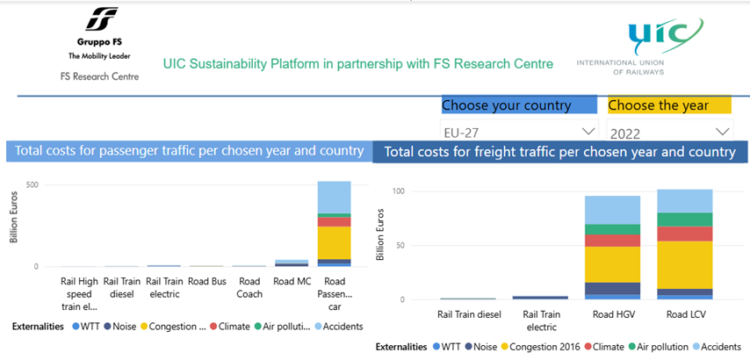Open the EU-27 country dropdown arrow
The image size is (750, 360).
pyautogui.click(x=587, y=132)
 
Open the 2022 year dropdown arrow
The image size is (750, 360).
pyautogui.click(x=723, y=132)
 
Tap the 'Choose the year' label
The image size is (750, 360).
pyautogui.click(x=658, y=105)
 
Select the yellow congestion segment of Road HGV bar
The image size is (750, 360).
pyautogui.click(x=611, y=263)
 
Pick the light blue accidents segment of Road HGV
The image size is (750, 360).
pyautogui.click(x=611, y=209)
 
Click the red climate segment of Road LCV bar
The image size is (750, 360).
pyautogui.click(x=684, y=233)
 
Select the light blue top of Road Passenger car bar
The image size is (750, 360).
pyautogui.click(x=334, y=198)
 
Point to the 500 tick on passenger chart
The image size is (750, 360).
pyautogui.click(x=32, y=184)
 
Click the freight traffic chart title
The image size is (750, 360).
pyautogui.click(x=559, y=152)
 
